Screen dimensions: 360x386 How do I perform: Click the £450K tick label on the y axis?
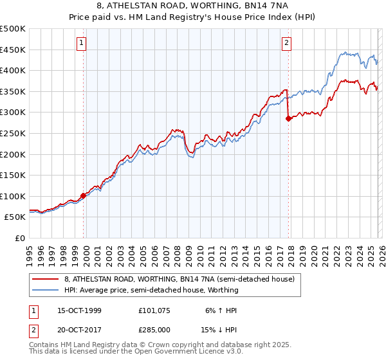[13, 50]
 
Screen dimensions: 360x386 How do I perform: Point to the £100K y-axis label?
[13, 196]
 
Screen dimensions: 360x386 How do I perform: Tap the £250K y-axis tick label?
[13, 133]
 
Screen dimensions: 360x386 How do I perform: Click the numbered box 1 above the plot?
[82, 44]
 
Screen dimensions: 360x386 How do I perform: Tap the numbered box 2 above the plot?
[286, 44]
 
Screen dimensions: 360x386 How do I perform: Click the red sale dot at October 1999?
[83, 195]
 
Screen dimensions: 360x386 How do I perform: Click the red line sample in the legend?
[45, 280]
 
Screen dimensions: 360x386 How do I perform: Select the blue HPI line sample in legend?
[45, 290]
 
